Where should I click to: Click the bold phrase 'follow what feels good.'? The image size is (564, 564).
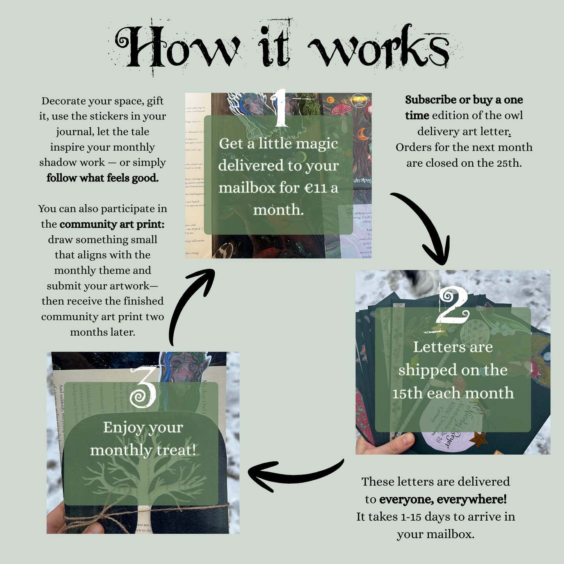103,178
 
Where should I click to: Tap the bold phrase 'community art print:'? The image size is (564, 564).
112,224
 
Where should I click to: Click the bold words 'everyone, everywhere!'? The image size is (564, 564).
443,499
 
